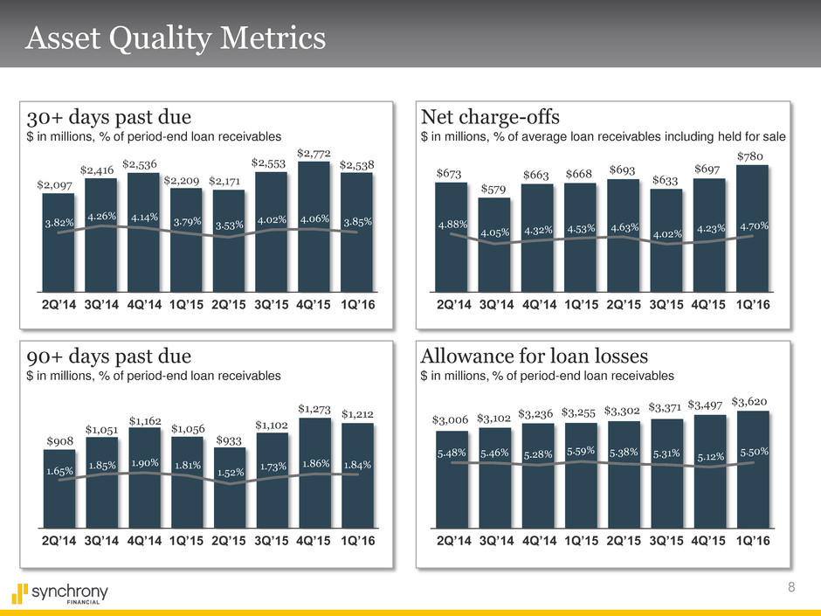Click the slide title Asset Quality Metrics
[x=176, y=38]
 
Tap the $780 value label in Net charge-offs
[x=752, y=156]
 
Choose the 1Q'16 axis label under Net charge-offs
[x=752, y=305]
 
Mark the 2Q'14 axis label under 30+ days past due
[x=59, y=305]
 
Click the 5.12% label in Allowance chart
[x=709, y=454]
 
